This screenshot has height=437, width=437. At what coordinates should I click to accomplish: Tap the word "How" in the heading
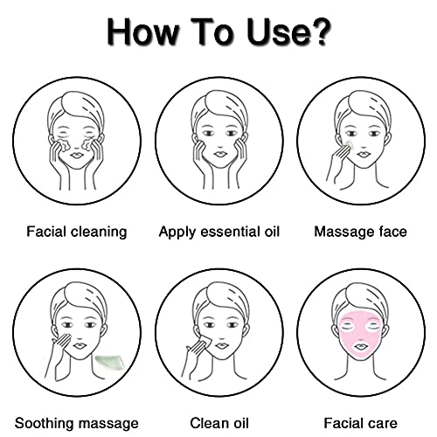click(142, 32)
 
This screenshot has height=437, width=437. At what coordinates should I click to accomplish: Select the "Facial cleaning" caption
click(77, 232)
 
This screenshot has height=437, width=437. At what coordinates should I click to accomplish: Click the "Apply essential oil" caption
click(219, 232)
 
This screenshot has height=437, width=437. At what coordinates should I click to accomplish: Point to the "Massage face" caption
click(360, 232)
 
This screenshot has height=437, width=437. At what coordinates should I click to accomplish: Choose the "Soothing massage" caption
click(77, 424)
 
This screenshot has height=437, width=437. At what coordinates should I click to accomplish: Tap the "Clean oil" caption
click(219, 423)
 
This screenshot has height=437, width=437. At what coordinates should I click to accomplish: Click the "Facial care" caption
click(360, 423)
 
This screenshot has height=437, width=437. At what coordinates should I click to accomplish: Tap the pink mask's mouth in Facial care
click(361, 347)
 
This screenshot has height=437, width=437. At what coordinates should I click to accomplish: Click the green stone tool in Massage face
click(350, 145)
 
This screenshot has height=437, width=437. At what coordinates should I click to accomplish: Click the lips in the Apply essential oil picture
click(219, 155)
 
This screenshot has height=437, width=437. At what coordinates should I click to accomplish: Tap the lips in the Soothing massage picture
click(79, 346)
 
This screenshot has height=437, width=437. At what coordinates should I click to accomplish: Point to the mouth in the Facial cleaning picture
click(77, 156)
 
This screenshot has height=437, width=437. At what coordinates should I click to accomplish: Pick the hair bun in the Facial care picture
click(360, 293)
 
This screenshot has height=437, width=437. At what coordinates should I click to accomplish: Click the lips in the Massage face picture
click(363, 155)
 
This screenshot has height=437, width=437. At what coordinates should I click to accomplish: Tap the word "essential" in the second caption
click(231, 232)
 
